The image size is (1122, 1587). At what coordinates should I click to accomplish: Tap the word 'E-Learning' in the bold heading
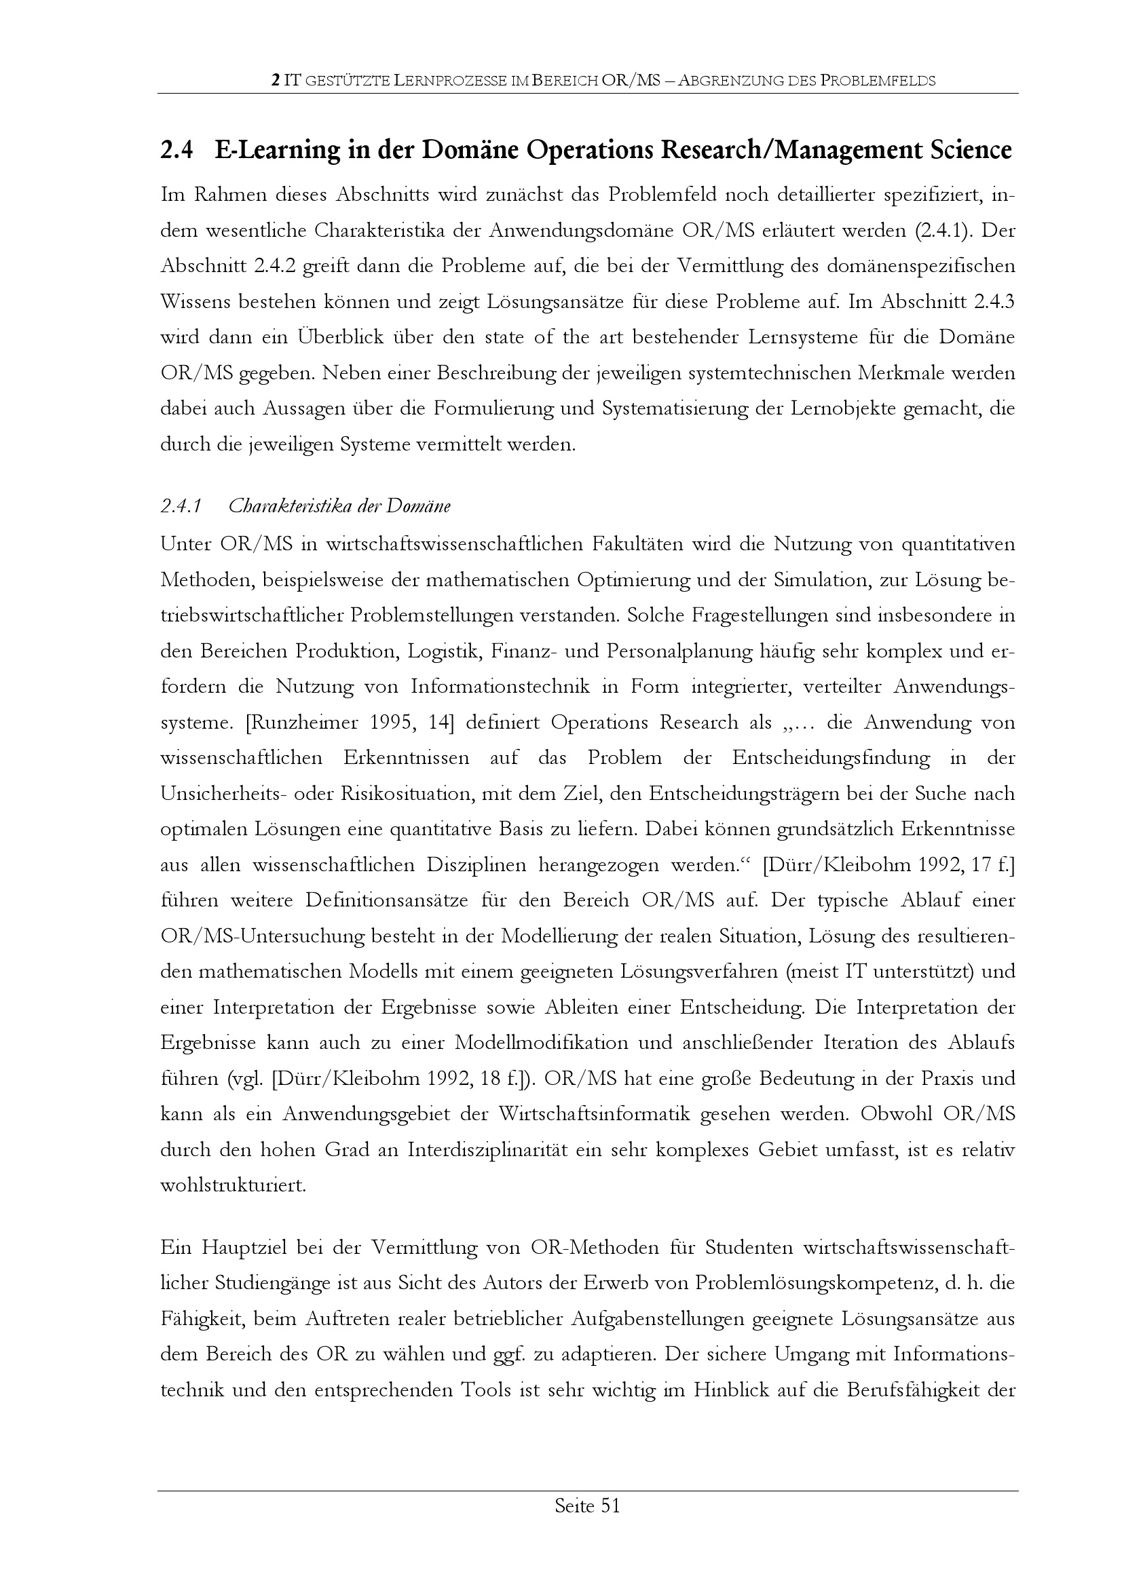[276, 150]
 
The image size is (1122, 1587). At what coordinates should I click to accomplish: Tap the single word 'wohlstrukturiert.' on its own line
[233, 1185]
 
